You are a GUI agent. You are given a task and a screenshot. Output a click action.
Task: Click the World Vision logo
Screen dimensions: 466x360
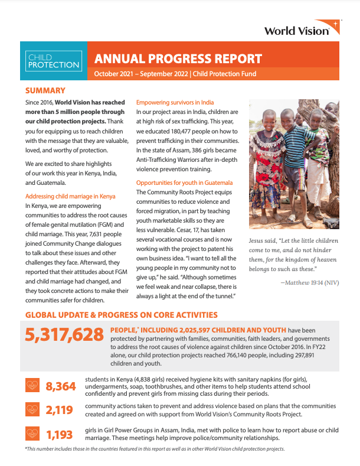(301, 30)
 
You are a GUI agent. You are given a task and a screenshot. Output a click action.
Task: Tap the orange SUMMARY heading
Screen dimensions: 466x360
(45, 90)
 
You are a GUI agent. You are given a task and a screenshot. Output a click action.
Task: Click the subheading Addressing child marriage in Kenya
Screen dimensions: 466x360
(70, 195)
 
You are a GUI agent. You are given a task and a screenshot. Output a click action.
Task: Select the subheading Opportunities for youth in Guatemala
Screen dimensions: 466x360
(184, 183)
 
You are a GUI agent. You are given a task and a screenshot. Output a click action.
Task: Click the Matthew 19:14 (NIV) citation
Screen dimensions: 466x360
(309, 282)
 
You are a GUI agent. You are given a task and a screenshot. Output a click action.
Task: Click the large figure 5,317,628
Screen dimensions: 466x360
(64, 335)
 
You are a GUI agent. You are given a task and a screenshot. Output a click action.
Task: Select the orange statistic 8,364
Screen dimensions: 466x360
(61, 386)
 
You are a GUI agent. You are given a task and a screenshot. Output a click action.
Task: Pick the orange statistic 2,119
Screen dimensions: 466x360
(61, 410)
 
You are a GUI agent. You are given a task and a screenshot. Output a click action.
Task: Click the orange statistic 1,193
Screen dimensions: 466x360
(61, 435)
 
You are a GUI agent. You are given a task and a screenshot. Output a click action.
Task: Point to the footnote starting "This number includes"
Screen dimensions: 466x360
(155, 449)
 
